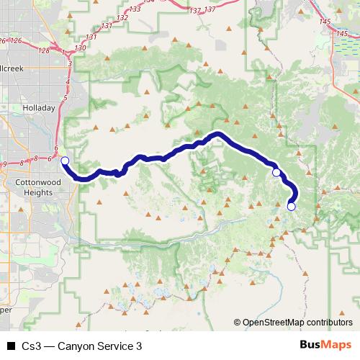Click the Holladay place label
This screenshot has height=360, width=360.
[38, 108]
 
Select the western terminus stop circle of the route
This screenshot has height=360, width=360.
[64, 161]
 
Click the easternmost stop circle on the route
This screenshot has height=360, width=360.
[291, 207]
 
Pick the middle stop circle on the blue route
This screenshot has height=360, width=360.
[276, 173]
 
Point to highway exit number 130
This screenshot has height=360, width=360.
[79, 48]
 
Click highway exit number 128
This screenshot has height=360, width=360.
[45, 50]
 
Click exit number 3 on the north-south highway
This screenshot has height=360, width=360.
[69, 64]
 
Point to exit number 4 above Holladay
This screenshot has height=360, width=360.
[66, 82]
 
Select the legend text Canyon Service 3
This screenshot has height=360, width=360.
[101, 346]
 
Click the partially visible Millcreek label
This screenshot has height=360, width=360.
[12, 68]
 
